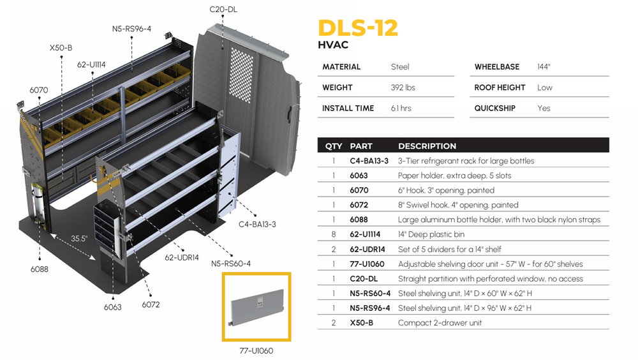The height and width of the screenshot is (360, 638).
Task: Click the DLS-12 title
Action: (358, 28)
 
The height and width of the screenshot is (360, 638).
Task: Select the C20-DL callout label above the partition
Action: (223, 9)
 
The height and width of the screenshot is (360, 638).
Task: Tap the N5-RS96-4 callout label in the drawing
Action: (133, 29)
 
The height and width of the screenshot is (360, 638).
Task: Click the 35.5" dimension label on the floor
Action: (79, 238)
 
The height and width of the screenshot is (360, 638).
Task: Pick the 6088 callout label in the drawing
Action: (39, 269)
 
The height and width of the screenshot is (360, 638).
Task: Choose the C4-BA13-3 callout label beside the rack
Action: (257, 224)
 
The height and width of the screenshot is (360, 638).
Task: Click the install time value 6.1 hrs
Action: (401, 108)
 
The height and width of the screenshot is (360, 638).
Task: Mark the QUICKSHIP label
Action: (494, 108)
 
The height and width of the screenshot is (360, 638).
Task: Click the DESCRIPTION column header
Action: (427, 146)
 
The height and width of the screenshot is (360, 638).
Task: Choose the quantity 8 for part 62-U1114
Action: (333, 234)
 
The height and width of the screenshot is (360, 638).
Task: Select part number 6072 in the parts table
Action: (359, 205)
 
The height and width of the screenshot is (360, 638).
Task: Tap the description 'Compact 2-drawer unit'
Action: (440, 322)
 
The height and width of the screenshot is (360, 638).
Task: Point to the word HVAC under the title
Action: (332, 45)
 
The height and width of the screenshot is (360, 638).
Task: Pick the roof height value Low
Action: (545, 87)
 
